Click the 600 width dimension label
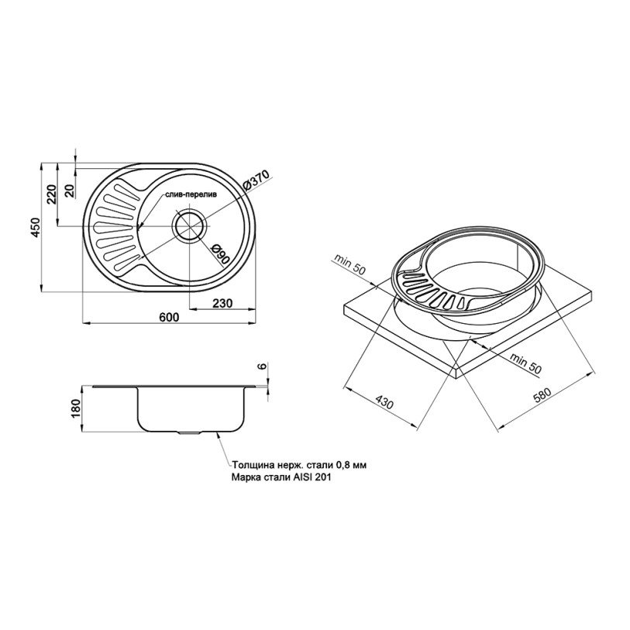click(x=169, y=317)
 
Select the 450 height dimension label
click(x=36, y=227)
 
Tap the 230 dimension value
click(x=222, y=302)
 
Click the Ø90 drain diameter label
click(x=220, y=254)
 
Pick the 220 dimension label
click(x=52, y=194)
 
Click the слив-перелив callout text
click(x=190, y=195)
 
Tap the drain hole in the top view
click(x=190, y=226)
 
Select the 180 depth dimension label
click(x=77, y=408)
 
